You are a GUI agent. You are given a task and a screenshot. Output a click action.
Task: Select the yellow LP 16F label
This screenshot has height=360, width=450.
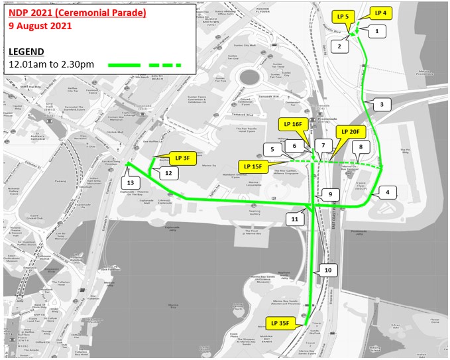pyautogui.click(x=292, y=124)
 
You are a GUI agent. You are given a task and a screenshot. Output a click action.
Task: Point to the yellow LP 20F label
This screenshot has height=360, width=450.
pyautogui.click(x=350, y=131)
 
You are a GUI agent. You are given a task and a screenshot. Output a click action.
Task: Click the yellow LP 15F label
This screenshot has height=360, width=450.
pyautogui.click(x=253, y=166)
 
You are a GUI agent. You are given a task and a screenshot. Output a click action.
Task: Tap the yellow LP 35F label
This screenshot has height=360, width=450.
pyautogui.click(x=282, y=324)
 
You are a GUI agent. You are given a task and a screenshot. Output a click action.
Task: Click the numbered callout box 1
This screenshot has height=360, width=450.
pyautogui.click(x=376, y=30)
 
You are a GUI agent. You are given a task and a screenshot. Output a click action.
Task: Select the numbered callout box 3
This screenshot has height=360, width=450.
pyautogui.click(x=381, y=104)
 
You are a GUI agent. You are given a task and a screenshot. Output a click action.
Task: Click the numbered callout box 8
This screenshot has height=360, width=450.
pyautogui.click(x=360, y=147)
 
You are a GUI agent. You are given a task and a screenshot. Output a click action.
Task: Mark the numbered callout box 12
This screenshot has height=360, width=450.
pyautogui.click(x=168, y=173)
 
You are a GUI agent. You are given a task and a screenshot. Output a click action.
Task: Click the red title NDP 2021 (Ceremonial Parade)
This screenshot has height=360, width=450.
pyautogui.click(x=78, y=13)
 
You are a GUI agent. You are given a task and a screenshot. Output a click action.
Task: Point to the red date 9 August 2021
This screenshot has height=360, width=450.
pyautogui.click(x=40, y=27)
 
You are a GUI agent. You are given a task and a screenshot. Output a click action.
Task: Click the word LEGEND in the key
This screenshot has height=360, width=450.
pyautogui.click(x=27, y=51)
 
